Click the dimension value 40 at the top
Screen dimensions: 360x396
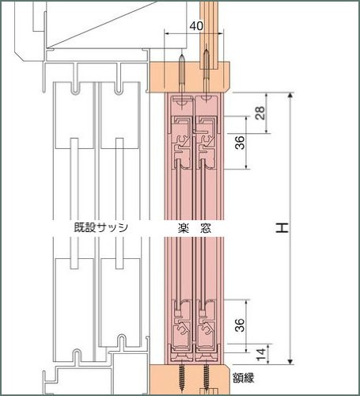196,26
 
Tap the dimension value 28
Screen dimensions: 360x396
260,112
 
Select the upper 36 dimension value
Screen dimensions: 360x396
240,143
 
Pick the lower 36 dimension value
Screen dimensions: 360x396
240,326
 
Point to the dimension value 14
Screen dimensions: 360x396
261,356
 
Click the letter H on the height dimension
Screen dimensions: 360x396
282,228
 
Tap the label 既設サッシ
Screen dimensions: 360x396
100,227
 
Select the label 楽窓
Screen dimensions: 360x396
195,228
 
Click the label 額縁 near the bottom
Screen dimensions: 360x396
244,378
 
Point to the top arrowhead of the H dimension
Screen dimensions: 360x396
290,95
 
